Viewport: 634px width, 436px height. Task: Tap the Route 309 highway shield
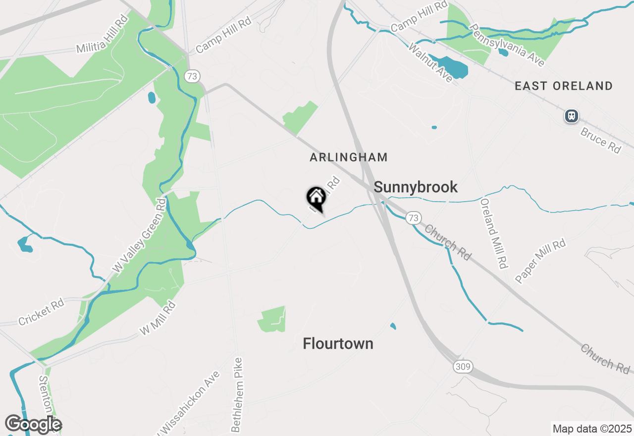click(x=462, y=367)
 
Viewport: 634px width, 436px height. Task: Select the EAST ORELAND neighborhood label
click(x=564, y=86)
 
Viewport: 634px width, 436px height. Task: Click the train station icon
click(x=572, y=116)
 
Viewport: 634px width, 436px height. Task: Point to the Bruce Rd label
click(x=600, y=141)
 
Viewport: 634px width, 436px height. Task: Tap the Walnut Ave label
click(x=430, y=62)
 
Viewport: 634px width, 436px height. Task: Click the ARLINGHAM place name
click(x=349, y=158)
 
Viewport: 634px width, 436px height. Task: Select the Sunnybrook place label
click(x=416, y=187)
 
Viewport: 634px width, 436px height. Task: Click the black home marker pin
click(x=316, y=198)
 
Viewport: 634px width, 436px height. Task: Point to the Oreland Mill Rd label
click(x=494, y=233)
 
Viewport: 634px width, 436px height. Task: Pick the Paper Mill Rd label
click(x=540, y=262)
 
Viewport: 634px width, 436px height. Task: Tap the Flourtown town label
click(x=338, y=344)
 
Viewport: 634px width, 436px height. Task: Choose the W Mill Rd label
click(x=158, y=318)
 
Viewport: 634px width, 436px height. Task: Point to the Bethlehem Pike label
click(x=237, y=394)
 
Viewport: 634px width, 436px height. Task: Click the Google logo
click(x=33, y=425)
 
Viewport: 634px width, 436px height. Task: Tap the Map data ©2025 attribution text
click(x=592, y=429)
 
